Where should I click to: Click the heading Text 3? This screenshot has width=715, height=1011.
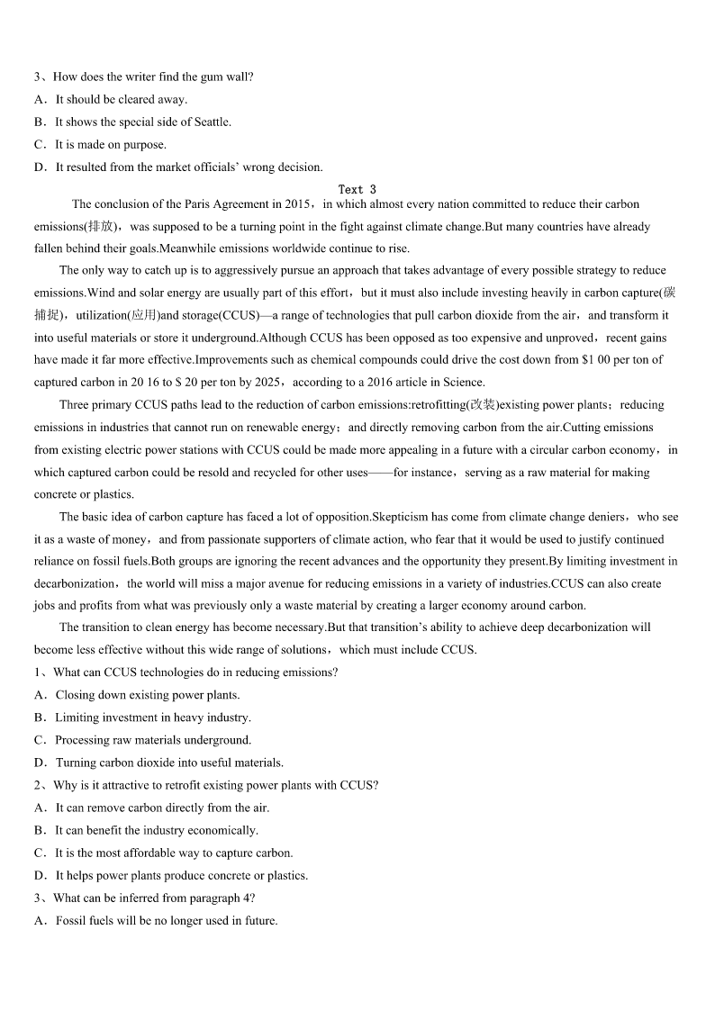point(357,189)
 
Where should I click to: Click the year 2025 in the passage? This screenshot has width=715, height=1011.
point(270,382)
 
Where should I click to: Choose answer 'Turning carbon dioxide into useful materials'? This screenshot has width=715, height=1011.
point(169,763)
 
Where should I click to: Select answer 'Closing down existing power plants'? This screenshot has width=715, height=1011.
point(147,695)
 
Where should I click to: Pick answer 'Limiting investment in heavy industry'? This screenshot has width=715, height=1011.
point(153,718)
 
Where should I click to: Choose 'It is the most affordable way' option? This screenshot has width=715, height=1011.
point(174,853)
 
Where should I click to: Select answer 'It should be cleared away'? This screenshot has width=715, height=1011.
point(121,99)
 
